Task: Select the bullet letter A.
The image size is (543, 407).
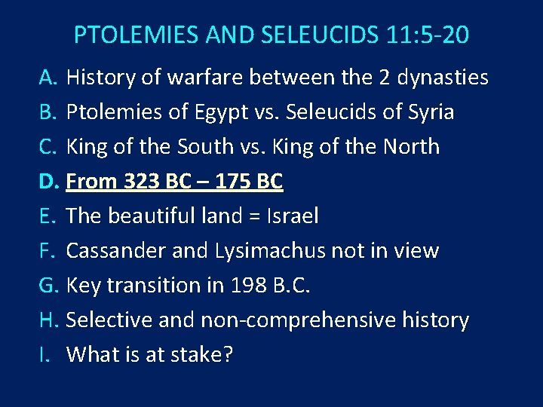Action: coord(49,78)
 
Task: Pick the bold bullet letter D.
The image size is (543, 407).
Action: coord(49,182)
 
